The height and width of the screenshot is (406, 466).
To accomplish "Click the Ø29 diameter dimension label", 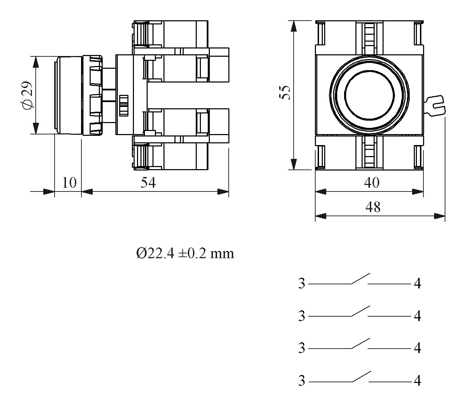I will coord(27,95).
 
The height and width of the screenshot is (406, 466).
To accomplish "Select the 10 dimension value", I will coord(69,183).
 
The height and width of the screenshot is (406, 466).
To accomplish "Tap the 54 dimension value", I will coord(148,183).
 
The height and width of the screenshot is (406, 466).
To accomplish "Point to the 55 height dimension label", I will coord(285,92).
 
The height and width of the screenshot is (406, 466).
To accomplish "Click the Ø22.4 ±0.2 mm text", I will coord(185,253).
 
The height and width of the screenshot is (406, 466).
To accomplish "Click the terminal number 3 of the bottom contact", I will coord(302,381).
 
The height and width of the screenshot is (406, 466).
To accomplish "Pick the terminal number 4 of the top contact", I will coord(417,284).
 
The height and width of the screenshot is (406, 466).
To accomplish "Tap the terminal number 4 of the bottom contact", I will coord(417,381).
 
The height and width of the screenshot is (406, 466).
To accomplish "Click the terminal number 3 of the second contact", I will coord(302,316).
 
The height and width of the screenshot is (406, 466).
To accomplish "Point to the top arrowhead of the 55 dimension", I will coord(293,26).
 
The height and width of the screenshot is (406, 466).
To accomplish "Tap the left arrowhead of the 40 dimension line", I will coord(320,191).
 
